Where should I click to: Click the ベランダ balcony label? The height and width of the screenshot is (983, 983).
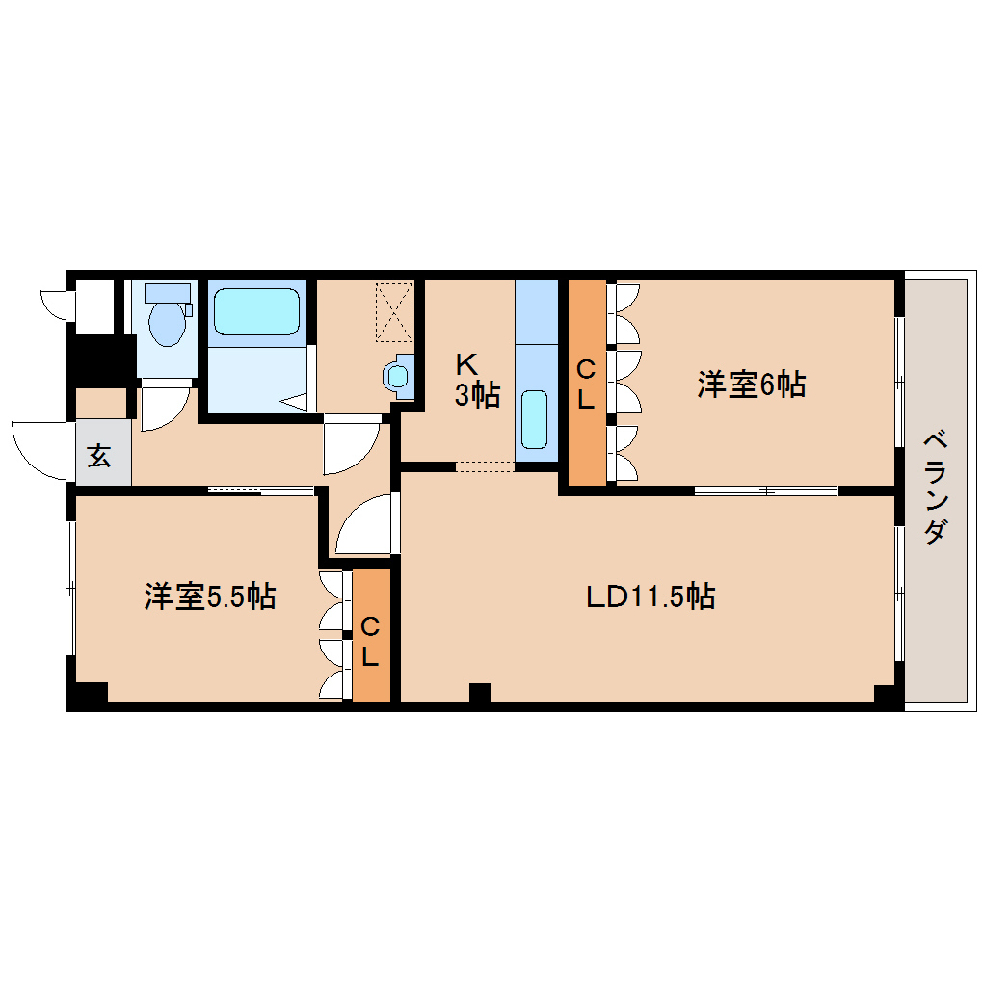[x=935, y=487]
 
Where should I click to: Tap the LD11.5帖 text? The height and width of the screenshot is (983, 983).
[x=651, y=597]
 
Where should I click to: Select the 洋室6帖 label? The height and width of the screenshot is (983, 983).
[x=751, y=385]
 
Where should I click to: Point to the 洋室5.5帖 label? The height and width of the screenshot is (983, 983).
[x=210, y=597]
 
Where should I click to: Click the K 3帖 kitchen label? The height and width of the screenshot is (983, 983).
[x=477, y=380]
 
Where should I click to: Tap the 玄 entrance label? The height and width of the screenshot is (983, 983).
[x=99, y=456]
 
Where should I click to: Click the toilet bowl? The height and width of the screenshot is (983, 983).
[x=167, y=324]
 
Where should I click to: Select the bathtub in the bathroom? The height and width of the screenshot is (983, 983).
[x=256, y=311]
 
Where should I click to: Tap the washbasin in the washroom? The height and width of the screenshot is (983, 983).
[x=398, y=376]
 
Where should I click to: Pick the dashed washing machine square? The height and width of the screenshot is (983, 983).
[x=394, y=312]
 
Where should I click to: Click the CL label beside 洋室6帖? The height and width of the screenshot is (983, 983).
[x=586, y=385]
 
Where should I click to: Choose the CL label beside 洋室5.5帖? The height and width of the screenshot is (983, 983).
[x=370, y=641]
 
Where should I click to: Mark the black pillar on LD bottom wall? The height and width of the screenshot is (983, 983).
[x=480, y=692]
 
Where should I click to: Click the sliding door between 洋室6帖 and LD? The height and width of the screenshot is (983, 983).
[x=766, y=491]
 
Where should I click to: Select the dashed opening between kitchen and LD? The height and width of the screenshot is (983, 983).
[x=485, y=466]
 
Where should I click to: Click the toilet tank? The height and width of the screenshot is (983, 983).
[x=168, y=293]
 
